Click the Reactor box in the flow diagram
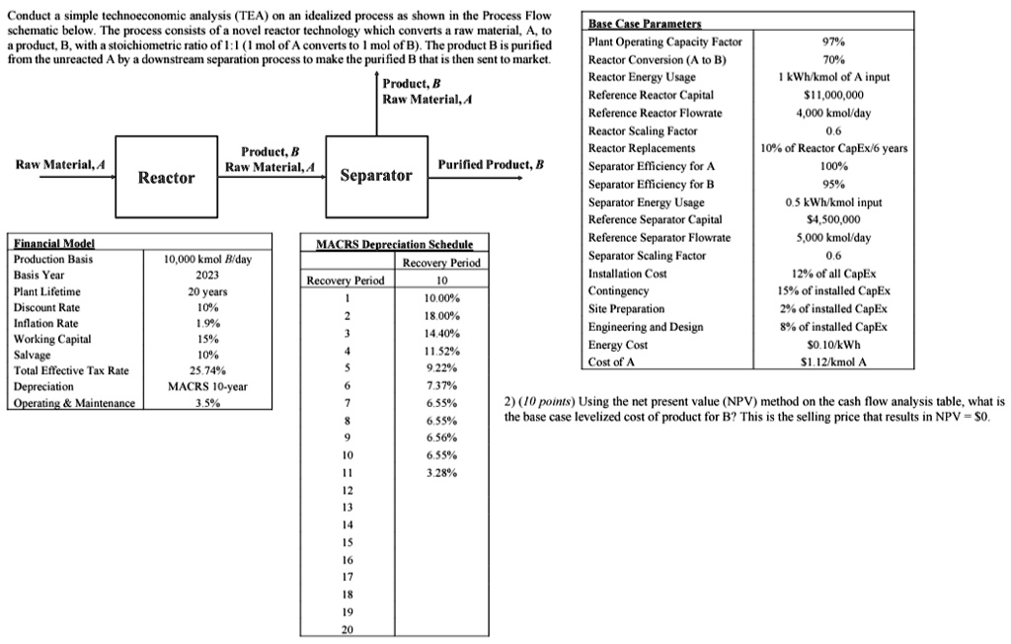point(166,177)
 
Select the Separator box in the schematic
point(376,176)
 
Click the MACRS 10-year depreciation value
point(207,386)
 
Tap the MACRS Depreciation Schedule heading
point(394,244)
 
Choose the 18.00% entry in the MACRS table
point(440,315)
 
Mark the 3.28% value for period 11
point(440,473)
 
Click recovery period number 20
point(346,629)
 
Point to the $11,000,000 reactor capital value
point(834,95)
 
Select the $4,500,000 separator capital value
point(834,219)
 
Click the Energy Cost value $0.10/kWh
point(834,344)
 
